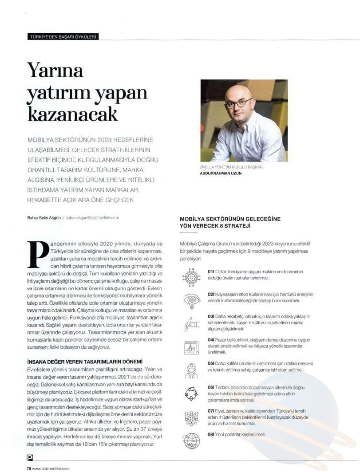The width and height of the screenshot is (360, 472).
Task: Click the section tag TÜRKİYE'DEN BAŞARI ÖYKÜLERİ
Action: coord(62,37)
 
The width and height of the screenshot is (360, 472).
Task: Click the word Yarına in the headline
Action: coord(55,71)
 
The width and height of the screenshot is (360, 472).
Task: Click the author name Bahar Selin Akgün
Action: coord(44,218)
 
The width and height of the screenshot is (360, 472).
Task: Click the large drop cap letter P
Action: coord(38,255)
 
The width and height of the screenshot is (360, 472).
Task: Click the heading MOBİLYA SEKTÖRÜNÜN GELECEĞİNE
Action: coord(230,219)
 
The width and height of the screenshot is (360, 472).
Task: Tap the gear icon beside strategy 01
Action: coord(191,277)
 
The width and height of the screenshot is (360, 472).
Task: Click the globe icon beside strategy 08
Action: coord(192,440)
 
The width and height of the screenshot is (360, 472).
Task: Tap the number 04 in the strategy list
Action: coord(211,340)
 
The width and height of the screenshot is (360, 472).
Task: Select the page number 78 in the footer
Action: coord(29,468)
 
